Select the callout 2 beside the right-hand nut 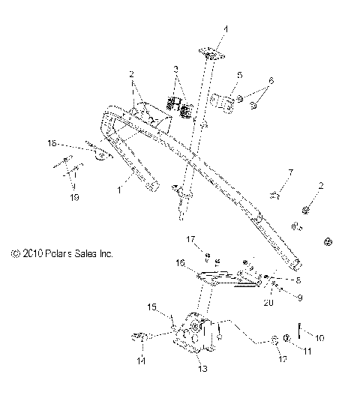point(321,185)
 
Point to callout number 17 point(191,240)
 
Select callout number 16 point(179,263)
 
